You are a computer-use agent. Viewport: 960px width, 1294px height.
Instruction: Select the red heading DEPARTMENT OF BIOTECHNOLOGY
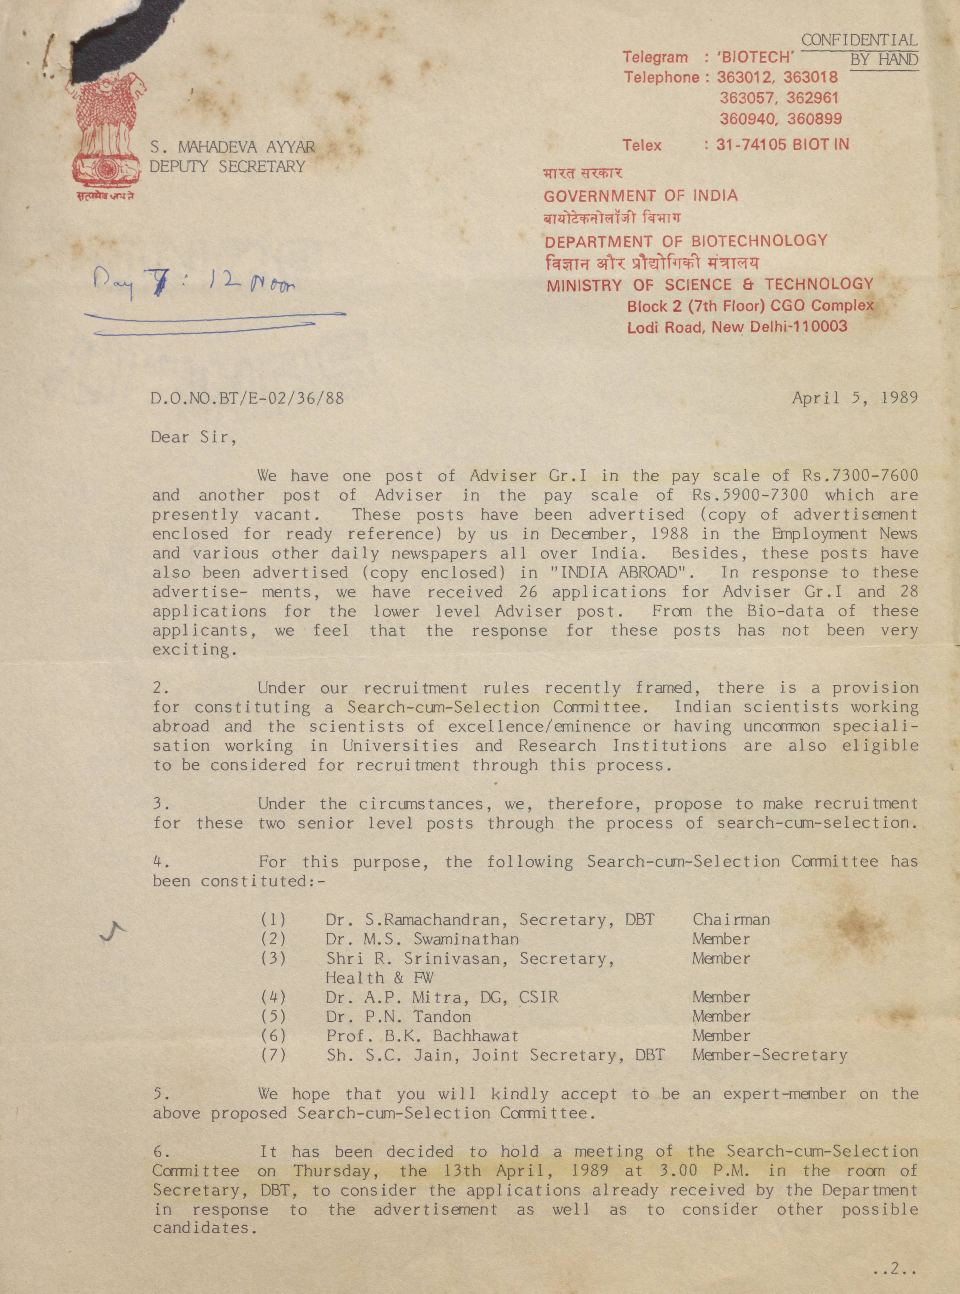(x=686, y=241)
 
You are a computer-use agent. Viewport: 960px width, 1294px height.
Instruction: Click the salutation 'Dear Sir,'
(x=194, y=437)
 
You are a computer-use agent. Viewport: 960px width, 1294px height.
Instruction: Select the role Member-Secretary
(x=769, y=1055)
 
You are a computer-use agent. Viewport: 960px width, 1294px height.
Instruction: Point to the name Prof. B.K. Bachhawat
(x=422, y=1036)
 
